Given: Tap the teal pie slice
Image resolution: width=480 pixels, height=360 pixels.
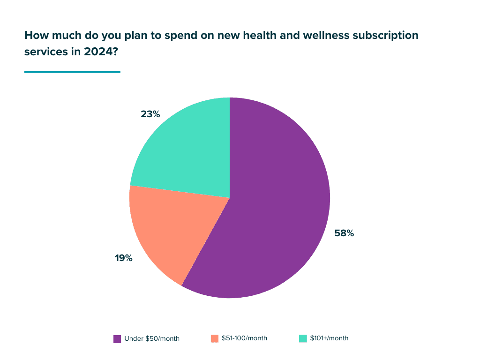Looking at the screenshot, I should pos(187,150).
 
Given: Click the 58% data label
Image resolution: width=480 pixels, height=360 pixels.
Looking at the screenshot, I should pos(344,233).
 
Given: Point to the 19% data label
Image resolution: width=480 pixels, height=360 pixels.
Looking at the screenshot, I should pos(124,258).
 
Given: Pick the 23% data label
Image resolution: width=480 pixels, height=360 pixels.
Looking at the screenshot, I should pos(150,114).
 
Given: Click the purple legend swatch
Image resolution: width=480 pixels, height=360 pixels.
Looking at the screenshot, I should pos(117,339).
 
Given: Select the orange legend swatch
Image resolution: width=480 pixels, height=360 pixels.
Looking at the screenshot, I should pos(215,338).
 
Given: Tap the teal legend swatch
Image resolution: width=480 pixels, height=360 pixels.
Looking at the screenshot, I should pos(303,338).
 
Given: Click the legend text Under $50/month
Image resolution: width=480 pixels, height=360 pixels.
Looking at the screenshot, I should pos(152,339).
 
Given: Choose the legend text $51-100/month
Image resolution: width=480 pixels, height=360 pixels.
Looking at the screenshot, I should pos(244,338).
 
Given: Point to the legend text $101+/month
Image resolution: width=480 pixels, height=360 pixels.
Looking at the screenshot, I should pos(329,338).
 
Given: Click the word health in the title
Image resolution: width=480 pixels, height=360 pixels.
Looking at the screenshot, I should pos(239,35).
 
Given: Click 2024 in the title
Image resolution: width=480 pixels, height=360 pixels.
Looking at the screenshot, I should pos(99,52).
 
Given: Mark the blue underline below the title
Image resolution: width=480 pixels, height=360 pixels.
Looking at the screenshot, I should pos(72,72).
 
